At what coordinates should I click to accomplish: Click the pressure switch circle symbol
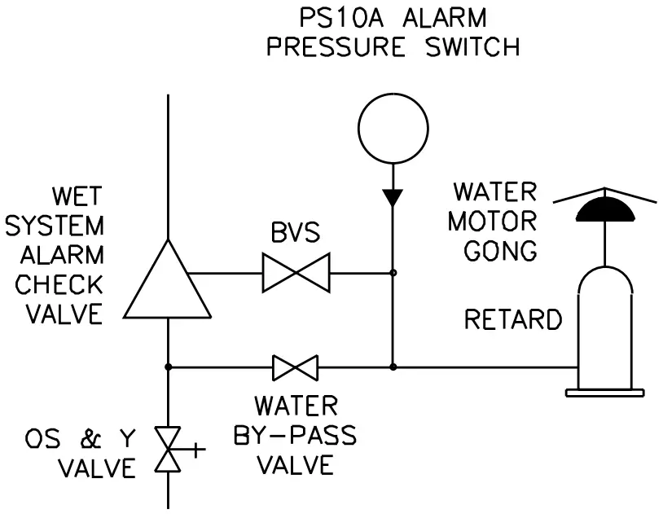point(393,127)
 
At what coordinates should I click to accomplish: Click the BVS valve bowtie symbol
point(295,273)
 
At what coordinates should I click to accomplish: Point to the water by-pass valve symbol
point(295,367)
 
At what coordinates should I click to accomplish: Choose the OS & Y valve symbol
point(169,448)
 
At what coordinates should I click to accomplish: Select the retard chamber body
point(604,326)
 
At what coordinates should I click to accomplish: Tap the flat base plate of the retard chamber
point(604,393)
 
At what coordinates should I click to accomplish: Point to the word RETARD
point(513,320)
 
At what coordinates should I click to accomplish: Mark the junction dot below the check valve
point(168,367)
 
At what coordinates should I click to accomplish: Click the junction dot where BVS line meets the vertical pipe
point(393,273)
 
